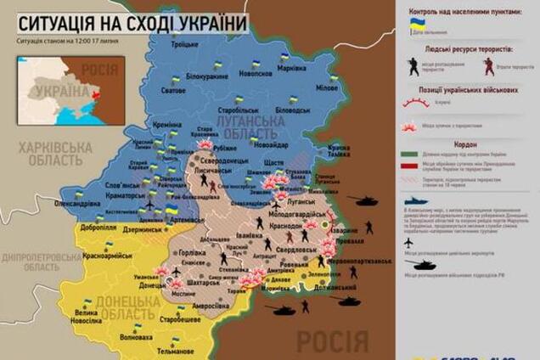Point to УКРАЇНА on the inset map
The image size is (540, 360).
[59, 91]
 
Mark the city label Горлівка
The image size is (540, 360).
[188, 254]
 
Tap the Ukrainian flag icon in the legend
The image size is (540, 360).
[416, 24]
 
